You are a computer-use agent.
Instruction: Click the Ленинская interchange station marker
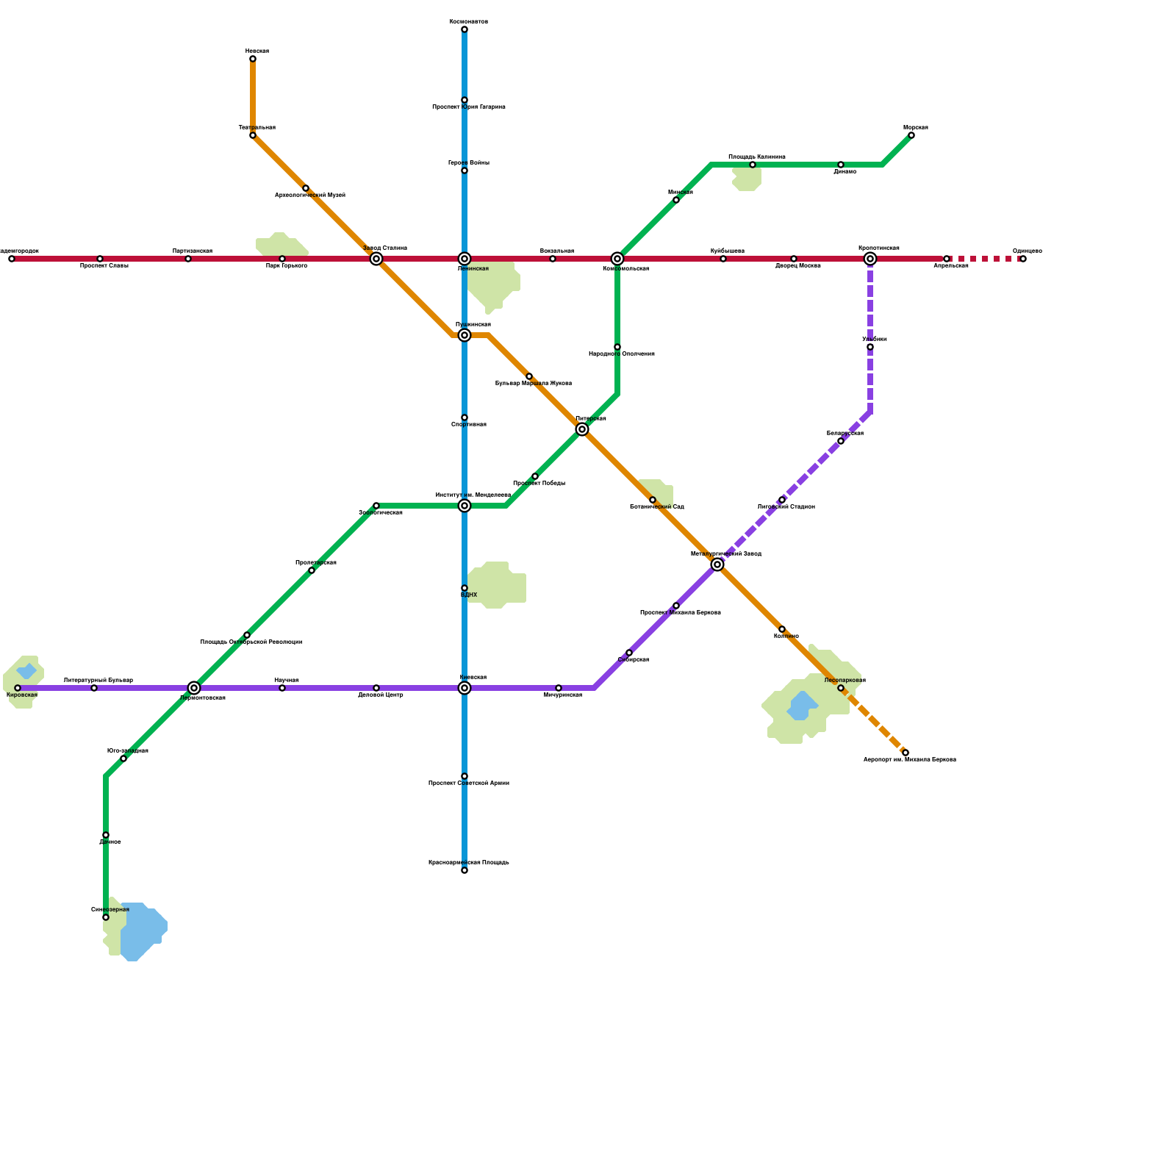coord(465,259)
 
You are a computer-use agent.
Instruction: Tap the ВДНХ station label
coord(469,595)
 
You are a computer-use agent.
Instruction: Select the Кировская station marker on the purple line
coord(18,688)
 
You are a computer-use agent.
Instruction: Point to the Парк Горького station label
coord(287,266)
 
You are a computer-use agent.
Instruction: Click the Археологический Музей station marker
coord(306,188)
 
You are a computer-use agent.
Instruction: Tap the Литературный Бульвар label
coord(98,681)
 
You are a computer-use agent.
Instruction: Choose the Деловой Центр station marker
coord(376,688)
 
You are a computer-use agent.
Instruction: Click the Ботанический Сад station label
coord(657,507)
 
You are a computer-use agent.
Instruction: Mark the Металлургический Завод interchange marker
coord(717,564)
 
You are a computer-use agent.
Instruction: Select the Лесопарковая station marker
coord(841,688)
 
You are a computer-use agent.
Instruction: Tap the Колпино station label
coord(786,637)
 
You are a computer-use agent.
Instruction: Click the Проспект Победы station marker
coord(535,476)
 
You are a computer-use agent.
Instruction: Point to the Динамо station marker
coord(841,165)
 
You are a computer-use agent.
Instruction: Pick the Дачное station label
coord(110,842)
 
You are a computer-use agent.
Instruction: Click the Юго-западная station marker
coord(123,759)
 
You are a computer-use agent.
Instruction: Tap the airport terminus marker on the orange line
coord(906,753)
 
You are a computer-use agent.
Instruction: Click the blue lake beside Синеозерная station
coord(143,930)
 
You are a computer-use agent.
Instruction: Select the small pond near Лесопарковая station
coord(801,706)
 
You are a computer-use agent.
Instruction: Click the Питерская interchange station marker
coord(582,429)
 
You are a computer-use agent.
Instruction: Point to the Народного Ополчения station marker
coord(617,347)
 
